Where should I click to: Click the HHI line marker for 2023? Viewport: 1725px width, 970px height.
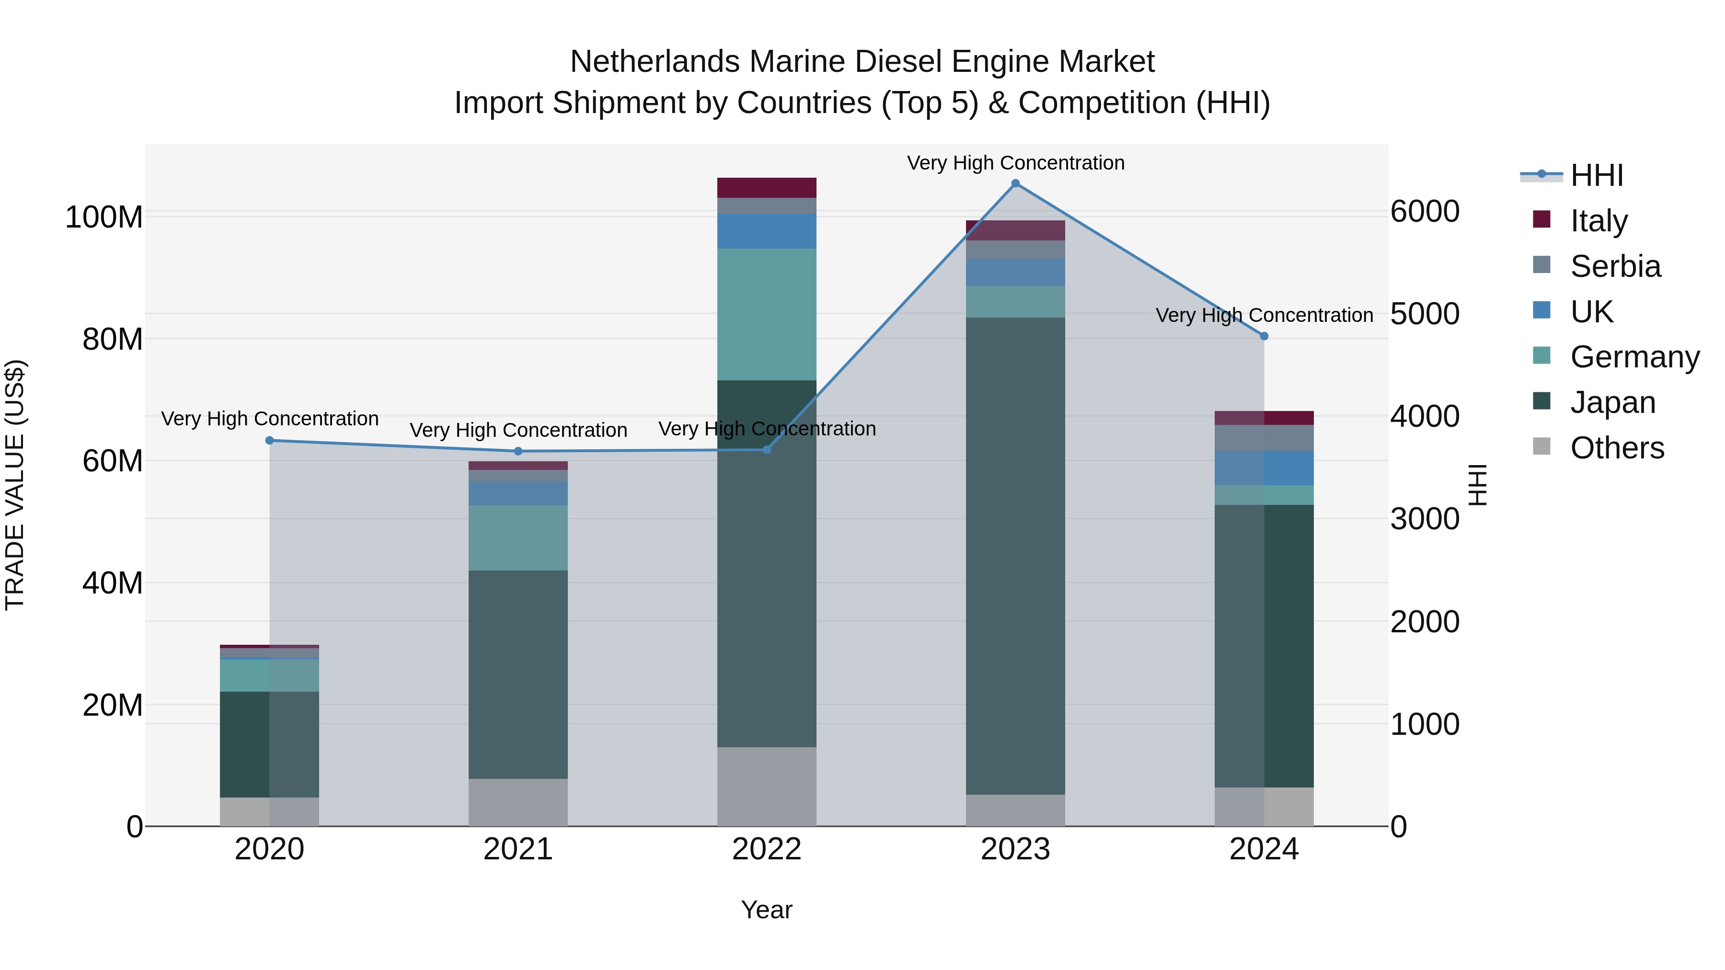1015,183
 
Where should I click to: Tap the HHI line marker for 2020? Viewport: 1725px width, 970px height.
269,441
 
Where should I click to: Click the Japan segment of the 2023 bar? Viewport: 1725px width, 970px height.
1015,556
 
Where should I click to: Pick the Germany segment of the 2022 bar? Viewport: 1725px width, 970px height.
766,315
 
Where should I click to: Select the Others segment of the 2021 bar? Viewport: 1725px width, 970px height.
517,802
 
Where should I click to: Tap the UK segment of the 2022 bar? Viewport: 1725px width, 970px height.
766,231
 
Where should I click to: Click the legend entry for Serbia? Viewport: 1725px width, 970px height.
1615,266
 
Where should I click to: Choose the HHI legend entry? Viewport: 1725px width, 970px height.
1597,175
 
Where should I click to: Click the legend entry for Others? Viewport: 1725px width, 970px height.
1617,448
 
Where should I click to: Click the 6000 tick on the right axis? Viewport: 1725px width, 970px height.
1425,212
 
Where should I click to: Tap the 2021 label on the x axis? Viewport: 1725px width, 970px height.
517,849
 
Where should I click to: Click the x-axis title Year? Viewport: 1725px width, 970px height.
766,910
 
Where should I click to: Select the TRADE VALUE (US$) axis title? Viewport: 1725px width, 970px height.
15,485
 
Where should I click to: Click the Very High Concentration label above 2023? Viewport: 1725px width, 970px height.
1015,163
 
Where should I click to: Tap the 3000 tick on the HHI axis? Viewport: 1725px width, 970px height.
1425,519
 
